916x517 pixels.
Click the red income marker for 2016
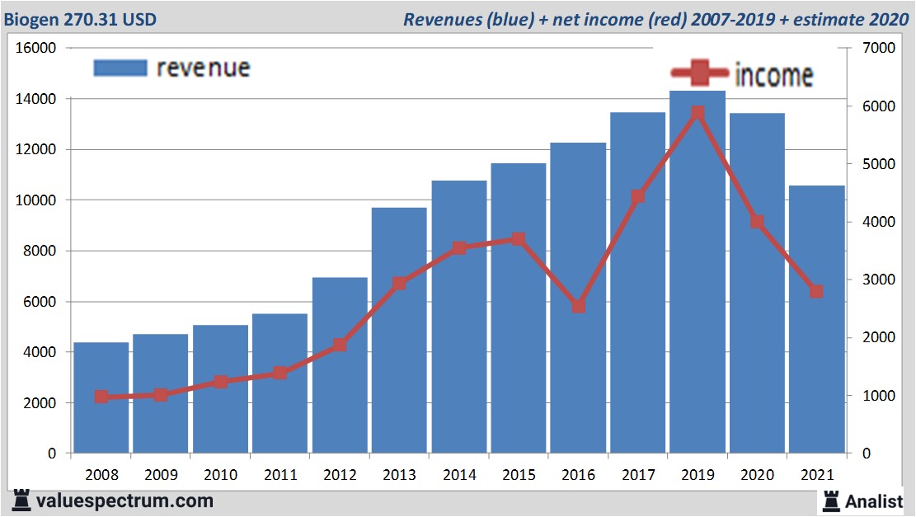click(x=579, y=306)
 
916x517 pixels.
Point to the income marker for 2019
click(x=698, y=113)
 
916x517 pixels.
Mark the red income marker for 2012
click(x=340, y=345)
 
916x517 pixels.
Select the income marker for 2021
click(x=816, y=291)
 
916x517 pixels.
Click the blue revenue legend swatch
click(x=120, y=68)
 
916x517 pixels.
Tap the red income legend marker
click(x=699, y=74)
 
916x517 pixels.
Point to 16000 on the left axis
click(x=35, y=49)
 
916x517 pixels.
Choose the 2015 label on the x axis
click(x=519, y=475)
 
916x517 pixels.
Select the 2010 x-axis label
click(x=220, y=475)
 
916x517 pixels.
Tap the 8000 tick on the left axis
click(x=39, y=251)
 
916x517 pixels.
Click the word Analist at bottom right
click(x=874, y=501)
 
